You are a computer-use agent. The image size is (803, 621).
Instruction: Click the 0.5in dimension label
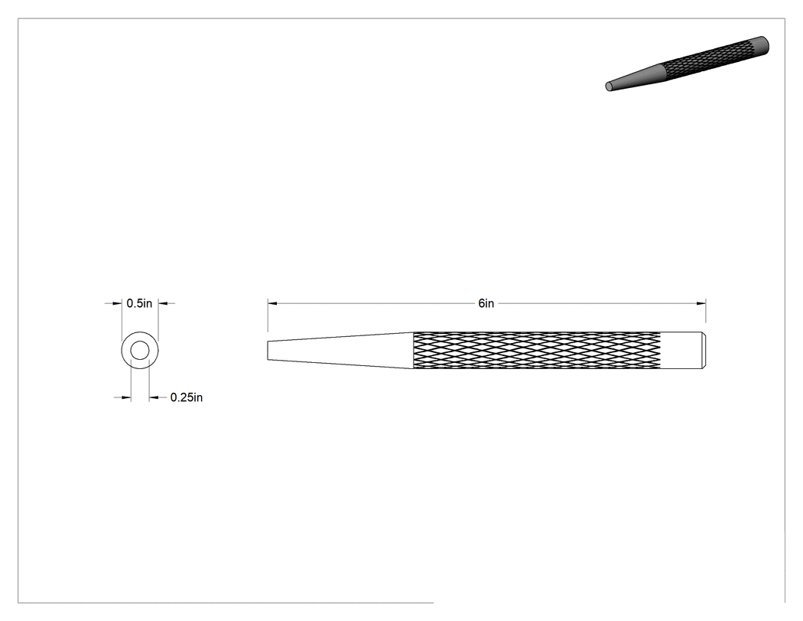click(139, 303)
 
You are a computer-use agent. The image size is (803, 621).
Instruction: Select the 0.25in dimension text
click(187, 397)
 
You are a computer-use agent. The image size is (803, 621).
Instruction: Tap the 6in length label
click(486, 303)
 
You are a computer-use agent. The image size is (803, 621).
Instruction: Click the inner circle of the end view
click(140, 342)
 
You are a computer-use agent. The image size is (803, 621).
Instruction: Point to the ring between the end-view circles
click(126, 351)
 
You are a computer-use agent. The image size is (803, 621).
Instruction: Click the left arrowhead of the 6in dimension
click(272, 303)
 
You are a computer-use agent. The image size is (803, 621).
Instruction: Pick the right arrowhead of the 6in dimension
click(701, 303)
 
